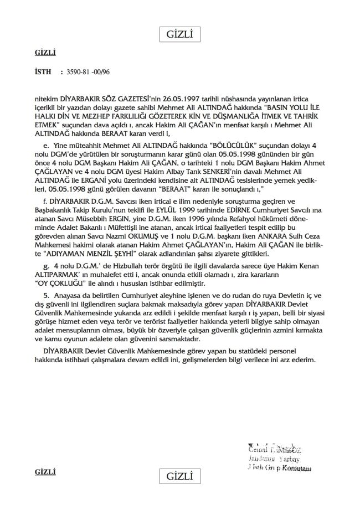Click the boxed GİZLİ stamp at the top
tap(179, 35)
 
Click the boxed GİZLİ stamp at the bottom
tap(179, 476)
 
